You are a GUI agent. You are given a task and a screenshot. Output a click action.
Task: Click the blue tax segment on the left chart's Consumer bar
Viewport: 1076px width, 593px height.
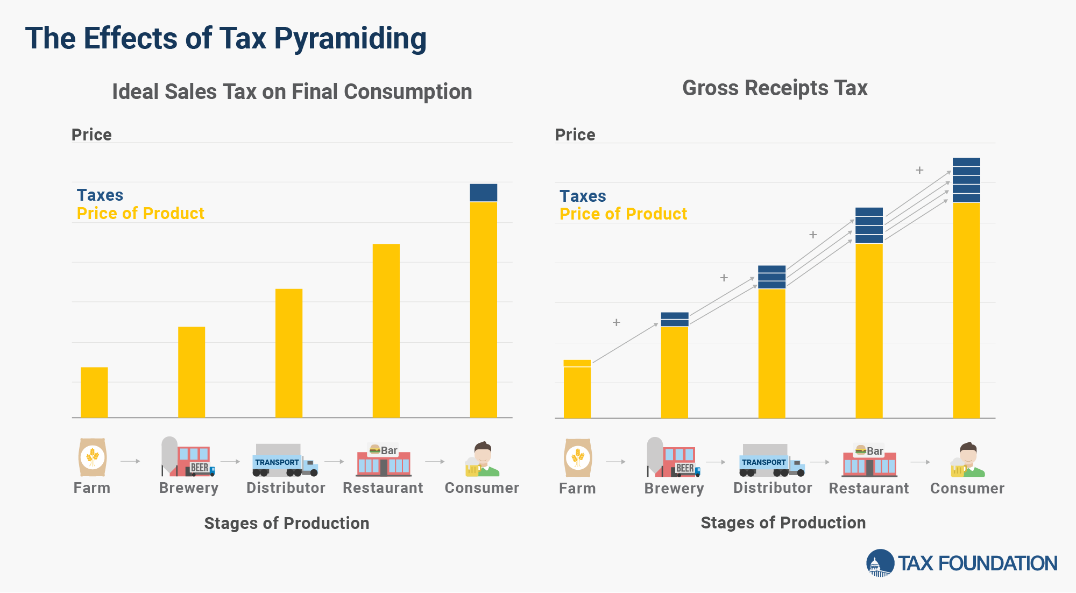(x=484, y=193)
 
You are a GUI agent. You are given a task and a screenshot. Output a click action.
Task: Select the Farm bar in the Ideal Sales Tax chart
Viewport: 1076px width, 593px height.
(x=94, y=392)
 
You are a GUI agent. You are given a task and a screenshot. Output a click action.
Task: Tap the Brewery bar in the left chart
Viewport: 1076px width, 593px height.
(x=192, y=372)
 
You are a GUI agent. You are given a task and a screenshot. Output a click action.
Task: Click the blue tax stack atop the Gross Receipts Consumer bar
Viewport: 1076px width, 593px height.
(x=966, y=180)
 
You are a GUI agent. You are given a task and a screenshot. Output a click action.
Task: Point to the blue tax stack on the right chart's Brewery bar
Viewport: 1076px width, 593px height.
(x=675, y=319)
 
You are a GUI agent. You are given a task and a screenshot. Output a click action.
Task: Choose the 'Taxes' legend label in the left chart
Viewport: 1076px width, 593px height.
(x=100, y=195)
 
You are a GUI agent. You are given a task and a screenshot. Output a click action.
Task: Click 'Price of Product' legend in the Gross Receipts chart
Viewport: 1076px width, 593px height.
(x=623, y=214)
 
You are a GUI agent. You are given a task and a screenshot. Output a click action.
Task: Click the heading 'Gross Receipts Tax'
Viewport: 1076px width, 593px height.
(x=775, y=88)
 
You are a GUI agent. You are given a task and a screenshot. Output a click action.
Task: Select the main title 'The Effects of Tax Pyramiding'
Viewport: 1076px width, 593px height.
(x=226, y=39)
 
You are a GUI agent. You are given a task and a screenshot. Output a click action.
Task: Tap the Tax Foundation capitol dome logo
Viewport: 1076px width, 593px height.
(x=880, y=563)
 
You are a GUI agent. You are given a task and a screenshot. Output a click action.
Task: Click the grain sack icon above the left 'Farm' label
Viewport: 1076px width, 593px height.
(x=93, y=457)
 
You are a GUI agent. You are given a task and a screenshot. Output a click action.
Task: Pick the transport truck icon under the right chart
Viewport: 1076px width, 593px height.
(x=772, y=461)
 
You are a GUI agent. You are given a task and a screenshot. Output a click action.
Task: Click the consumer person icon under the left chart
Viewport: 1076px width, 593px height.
(x=483, y=460)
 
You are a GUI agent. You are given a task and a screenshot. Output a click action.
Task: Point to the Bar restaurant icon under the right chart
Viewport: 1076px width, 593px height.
(x=869, y=461)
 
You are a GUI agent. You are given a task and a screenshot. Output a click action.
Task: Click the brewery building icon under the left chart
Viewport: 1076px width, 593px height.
(x=188, y=457)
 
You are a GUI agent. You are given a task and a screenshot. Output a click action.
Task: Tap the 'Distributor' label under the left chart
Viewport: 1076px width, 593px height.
(x=286, y=488)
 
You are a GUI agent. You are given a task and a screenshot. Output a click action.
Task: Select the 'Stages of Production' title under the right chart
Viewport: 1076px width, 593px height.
(x=783, y=523)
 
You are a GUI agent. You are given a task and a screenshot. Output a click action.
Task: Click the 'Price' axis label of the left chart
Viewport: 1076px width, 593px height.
(x=91, y=135)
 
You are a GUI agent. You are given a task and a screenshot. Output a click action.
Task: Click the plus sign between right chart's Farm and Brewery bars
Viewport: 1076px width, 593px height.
(x=617, y=322)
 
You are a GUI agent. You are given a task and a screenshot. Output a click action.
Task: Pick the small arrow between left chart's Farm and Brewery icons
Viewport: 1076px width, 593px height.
(x=130, y=461)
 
